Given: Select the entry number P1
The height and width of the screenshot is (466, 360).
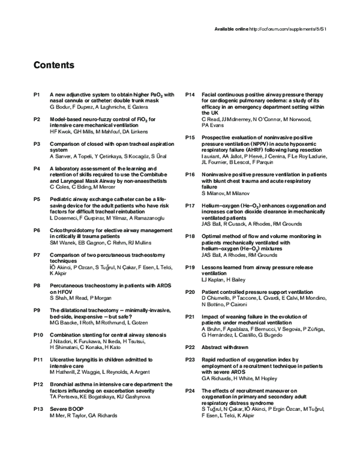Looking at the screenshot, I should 37,94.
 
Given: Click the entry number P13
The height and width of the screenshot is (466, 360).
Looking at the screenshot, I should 38,409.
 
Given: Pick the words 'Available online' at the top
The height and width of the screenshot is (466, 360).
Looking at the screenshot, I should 230,28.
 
